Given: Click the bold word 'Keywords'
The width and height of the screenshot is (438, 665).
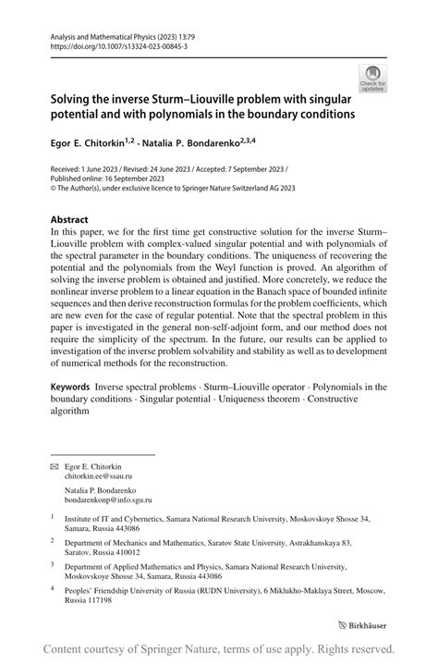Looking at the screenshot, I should pos(73,387).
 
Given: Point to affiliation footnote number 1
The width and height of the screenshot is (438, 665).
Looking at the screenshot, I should pos(53,519).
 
